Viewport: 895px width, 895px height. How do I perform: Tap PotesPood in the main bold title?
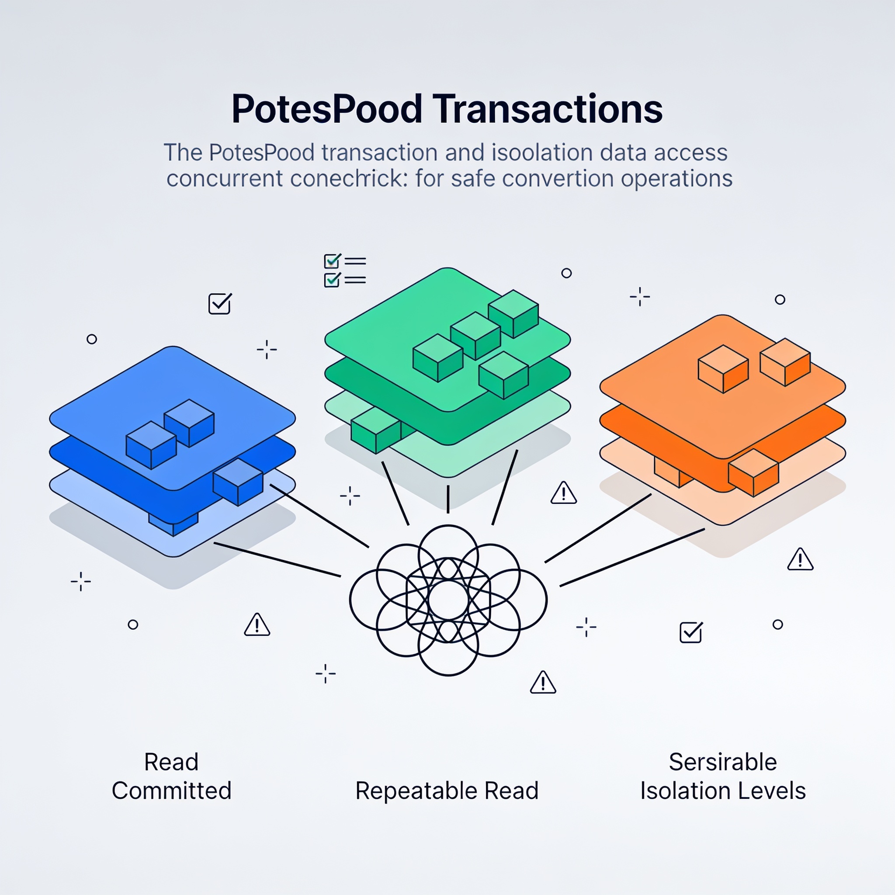point(327,109)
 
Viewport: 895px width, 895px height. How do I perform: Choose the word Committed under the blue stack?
point(171,790)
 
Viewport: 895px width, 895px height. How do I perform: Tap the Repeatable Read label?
point(447,790)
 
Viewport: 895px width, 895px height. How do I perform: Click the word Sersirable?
point(723,762)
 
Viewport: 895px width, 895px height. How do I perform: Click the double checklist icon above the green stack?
point(345,271)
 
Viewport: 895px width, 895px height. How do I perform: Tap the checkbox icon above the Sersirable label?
point(691,632)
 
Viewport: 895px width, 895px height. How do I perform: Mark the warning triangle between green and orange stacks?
point(564,493)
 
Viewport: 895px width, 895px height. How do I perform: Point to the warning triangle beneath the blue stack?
point(257,624)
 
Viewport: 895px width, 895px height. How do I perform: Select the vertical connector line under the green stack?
point(448,499)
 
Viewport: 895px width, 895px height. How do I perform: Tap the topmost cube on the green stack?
point(513,314)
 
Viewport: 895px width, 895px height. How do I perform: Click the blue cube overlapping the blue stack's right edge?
point(238,482)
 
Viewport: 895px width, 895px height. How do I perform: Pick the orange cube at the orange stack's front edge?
point(753,472)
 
